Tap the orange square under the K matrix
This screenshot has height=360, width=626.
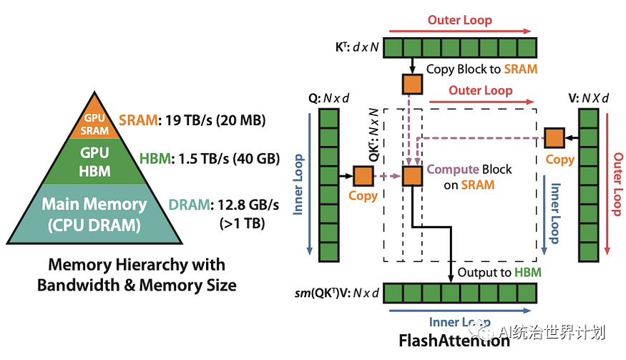(413, 84)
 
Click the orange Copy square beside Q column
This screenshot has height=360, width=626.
(363, 175)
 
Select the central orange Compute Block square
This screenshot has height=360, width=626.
(413, 176)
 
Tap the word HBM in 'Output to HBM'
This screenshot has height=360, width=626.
(528, 272)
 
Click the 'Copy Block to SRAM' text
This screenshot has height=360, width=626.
(481, 69)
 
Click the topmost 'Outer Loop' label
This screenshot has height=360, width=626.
(459, 20)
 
